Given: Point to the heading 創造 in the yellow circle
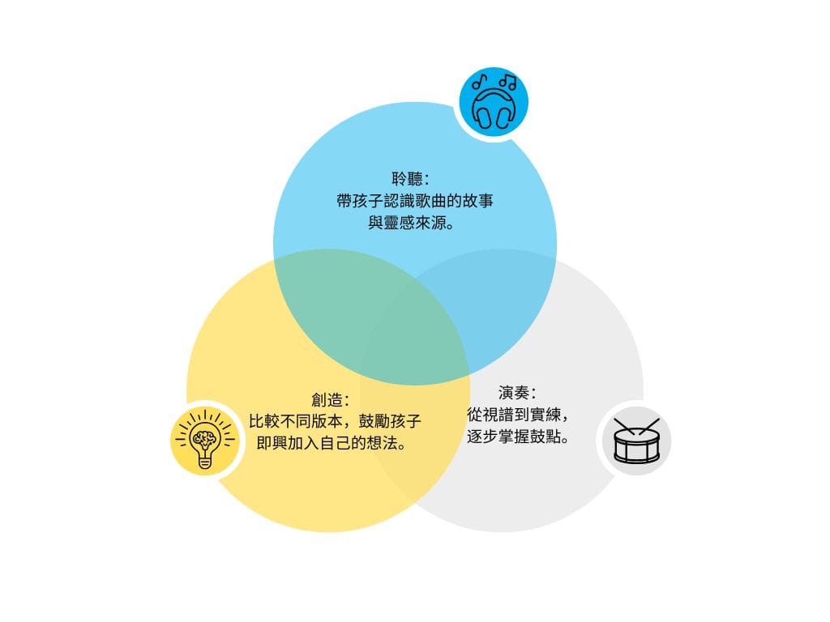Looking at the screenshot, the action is tap(330, 401).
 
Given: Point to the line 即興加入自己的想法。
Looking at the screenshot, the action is tap(331, 445).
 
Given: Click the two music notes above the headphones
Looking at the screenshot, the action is tap(494, 82).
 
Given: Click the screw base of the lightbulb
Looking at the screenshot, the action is tap(204, 460).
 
